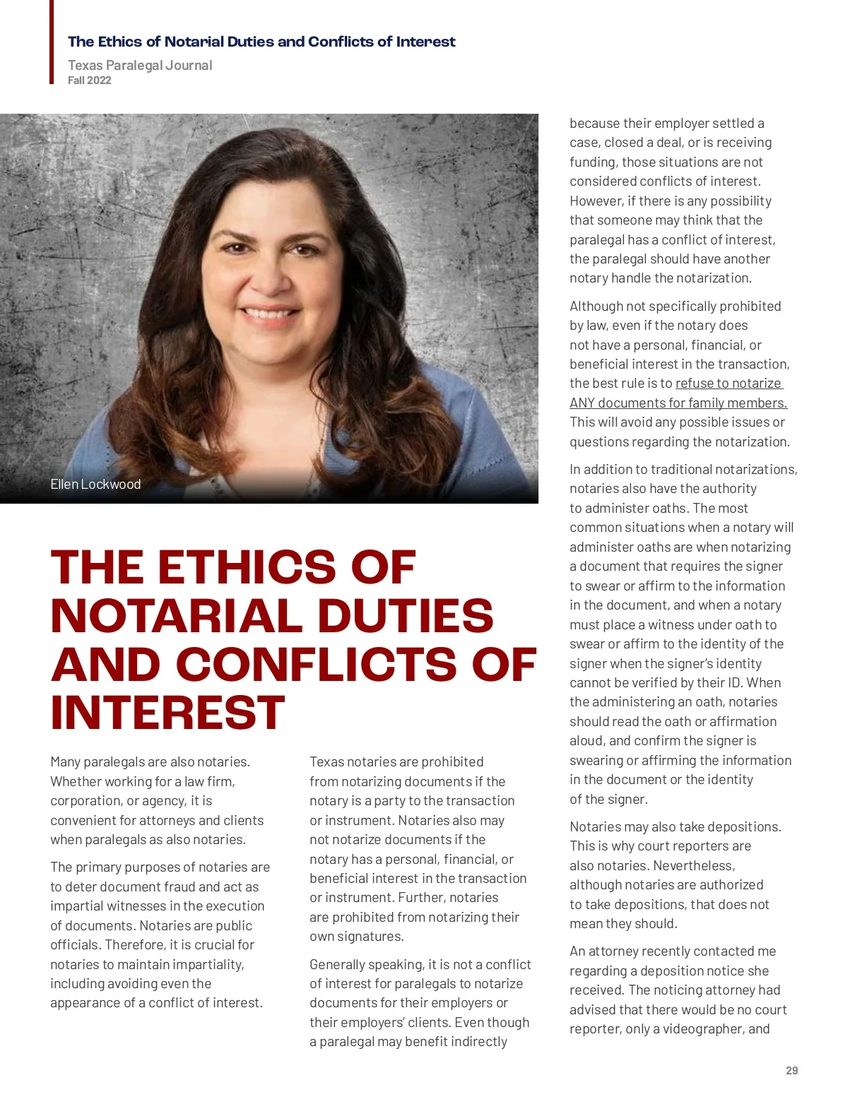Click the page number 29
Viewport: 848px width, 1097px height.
791,1071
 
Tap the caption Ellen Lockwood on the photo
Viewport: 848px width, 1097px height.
95,485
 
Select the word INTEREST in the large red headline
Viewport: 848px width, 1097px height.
167,713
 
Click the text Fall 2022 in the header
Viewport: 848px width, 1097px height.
90,81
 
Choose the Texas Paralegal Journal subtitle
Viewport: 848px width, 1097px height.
140,65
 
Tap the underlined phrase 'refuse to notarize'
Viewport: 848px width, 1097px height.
729,384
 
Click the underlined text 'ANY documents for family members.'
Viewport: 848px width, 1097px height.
678,403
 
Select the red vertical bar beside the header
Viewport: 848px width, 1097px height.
52,42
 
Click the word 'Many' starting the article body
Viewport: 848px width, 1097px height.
65,762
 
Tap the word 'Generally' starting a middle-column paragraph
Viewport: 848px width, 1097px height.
338,965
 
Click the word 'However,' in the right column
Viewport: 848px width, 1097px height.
596,201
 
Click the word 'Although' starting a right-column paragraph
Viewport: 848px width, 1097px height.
596,307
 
